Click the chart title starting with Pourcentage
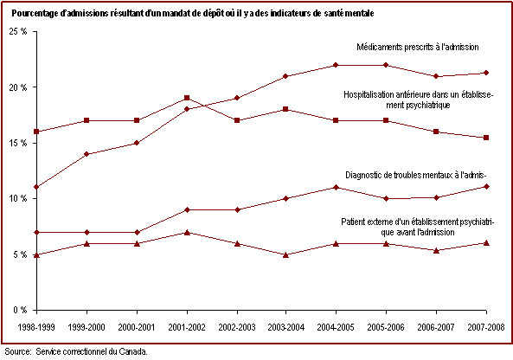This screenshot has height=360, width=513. pos(193,14)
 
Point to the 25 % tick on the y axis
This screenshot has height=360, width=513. pos(18,32)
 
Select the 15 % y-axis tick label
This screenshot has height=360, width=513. pos(18,143)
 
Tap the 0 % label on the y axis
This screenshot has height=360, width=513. pos(20,310)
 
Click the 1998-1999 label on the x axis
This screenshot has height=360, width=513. pos(36,327)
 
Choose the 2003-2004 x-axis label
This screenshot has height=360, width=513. pos(286,327)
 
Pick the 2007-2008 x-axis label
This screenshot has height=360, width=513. pos(486,327)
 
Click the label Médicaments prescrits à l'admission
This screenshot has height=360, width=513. pos(418,47)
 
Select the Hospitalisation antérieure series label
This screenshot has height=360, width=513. pos(418,100)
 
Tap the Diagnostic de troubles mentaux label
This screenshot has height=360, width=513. pos(416,175)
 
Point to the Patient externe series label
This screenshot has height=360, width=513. pos(418,227)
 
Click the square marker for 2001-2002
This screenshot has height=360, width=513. pos(187,98)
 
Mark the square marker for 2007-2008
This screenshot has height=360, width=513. pos(486,138)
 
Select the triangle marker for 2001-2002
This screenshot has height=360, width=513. pos(187,233)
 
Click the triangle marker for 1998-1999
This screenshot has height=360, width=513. pos(36,255)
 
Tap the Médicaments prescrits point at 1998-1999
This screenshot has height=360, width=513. pos(36,187)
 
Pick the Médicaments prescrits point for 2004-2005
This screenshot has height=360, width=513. pos(336,65)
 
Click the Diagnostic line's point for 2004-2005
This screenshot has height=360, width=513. pos(336,187)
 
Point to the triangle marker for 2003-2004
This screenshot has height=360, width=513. pos(285,255)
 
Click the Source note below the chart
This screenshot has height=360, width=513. pos(76,352)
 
